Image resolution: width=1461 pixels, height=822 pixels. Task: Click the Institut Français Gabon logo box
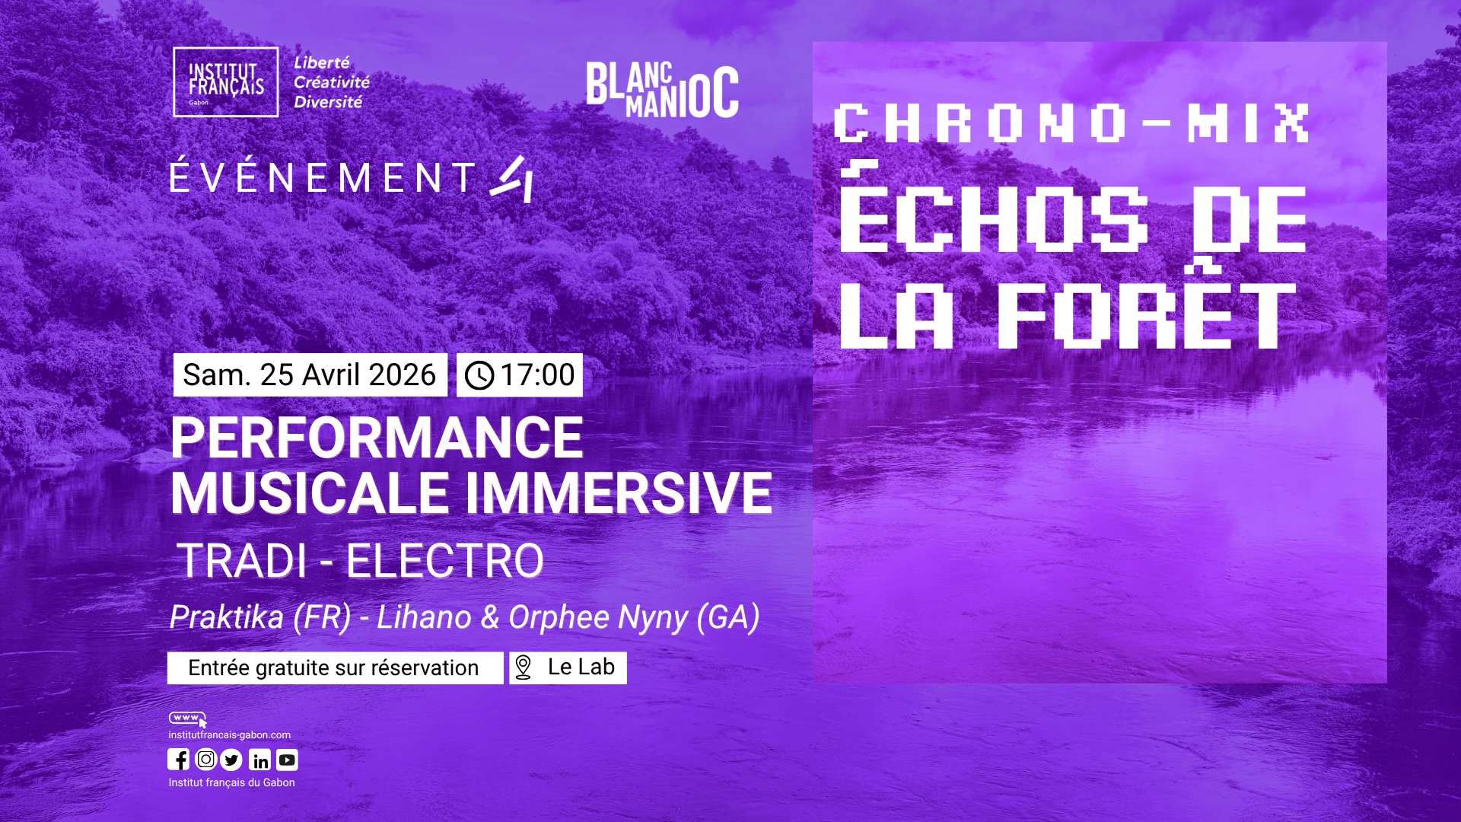[x=226, y=82]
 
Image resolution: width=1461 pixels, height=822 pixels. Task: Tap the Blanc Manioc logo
[x=662, y=91]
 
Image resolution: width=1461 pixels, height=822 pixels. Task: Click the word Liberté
[x=322, y=62]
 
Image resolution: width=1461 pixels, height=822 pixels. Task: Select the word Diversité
[x=329, y=102]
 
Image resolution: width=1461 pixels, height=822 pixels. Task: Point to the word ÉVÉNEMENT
[x=323, y=177]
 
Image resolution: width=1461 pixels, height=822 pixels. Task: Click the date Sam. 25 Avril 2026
[x=310, y=375]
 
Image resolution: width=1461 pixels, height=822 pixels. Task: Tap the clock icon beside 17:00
[x=479, y=375]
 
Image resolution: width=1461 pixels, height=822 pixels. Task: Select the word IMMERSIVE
[x=619, y=493]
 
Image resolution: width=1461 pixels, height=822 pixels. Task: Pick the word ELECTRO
[x=445, y=561]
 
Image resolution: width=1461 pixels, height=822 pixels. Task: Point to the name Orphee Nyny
[x=598, y=618]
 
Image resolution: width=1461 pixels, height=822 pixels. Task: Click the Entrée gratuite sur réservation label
[x=333, y=667]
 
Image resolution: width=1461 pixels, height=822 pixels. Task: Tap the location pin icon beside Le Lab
[x=523, y=667]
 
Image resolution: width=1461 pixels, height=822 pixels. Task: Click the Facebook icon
[x=178, y=760]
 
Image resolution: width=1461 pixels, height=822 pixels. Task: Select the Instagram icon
[x=205, y=760]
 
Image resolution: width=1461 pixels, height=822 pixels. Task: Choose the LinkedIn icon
[x=259, y=760]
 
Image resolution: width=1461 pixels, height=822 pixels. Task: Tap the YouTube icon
[x=287, y=760]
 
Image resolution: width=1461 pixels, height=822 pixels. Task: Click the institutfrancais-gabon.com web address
[x=230, y=735]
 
